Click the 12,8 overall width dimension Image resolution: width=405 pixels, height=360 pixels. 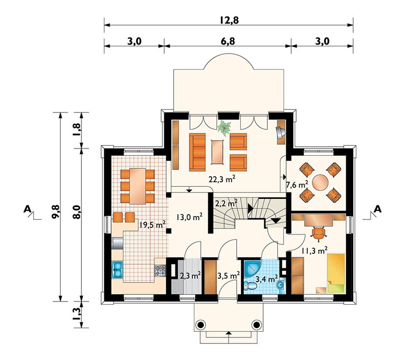[229, 20]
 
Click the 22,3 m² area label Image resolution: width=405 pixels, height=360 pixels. [221, 179]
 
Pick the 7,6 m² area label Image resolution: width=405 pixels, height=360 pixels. [297, 185]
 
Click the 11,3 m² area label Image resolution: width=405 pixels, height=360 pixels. [314, 250]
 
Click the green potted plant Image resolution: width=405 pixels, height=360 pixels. [224, 128]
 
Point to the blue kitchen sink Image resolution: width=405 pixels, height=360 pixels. [117, 270]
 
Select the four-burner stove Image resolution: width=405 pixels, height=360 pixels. [160, 271]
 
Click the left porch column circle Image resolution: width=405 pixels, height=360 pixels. [201, 325]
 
